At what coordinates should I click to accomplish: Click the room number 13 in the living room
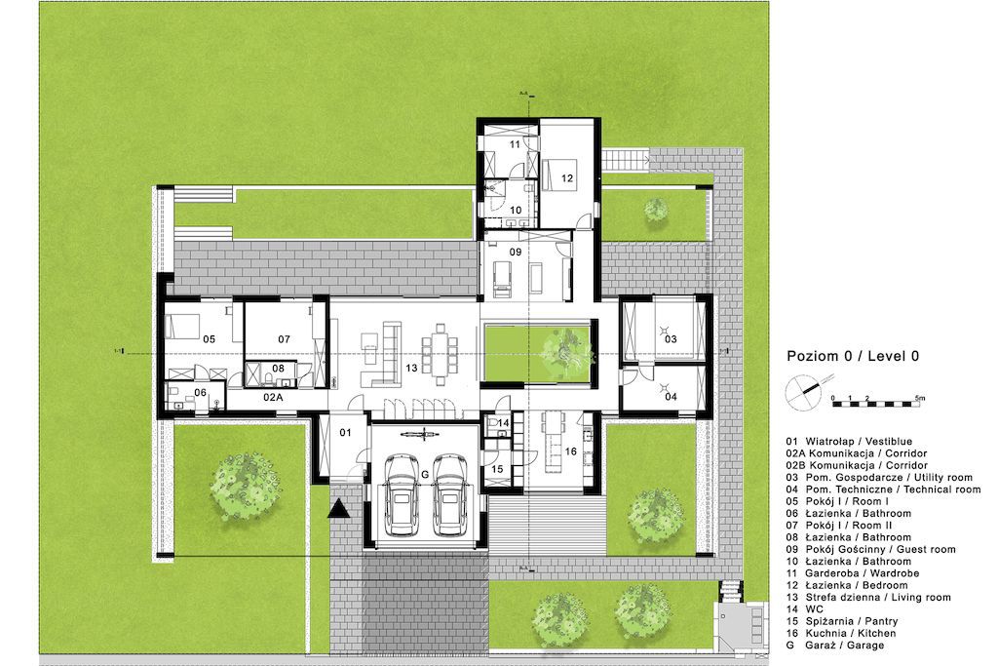point(411,368)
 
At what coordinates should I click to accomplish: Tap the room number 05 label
point(209,339)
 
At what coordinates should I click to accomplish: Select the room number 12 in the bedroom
point(567,178)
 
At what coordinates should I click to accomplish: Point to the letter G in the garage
point(425,474)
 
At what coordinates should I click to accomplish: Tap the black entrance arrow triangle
point(338,508)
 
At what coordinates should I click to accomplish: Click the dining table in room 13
point(441,354)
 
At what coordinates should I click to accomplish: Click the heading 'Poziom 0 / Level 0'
point(853,356)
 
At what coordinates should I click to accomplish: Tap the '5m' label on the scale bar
point(920,397)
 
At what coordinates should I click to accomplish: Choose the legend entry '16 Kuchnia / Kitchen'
point(841,633)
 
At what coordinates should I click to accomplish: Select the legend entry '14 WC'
point(804,609)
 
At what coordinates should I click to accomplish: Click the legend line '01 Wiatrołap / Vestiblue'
point(849,442)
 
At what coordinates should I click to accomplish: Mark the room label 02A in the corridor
point(273,397)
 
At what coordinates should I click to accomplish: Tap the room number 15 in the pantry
point(497,469)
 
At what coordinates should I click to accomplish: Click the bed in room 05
point(183,327)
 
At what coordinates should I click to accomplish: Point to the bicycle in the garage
point(421,434)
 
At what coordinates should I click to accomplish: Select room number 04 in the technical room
point(671,397)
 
